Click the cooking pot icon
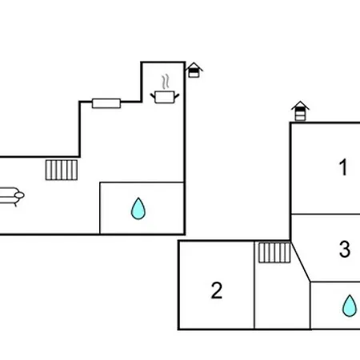point(165,97)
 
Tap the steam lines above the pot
point(166,82)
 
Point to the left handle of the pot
point(153,95)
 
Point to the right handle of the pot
point(177,95)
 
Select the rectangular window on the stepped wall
point(106,103)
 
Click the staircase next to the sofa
point(62,170)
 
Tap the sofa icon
point(10,196)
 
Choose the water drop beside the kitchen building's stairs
point(138,209)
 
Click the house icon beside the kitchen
point(194,70)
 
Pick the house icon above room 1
point(300,111)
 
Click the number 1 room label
point(343,167)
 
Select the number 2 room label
point(217,290)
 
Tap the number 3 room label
point(345,249)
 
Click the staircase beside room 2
point(274,252)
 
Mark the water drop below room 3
point(350,306)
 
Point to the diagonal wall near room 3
point(301,262)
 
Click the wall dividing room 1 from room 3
point(326,214)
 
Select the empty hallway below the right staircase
point(282,296)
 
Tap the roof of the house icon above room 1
point(300,105)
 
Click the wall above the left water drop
point(142,182)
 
